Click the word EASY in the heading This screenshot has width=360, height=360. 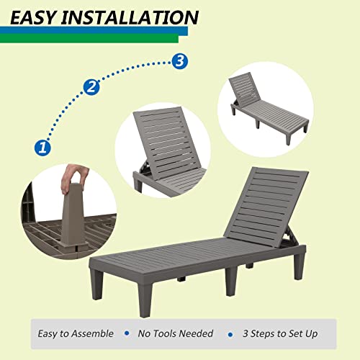(x=37, y=16)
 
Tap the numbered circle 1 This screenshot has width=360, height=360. (x=42, y=148)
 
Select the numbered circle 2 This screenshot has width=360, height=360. (x=91, y=88)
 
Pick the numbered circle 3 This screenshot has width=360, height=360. (x=180, y=61)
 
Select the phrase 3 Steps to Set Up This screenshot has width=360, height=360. (x=282, y=333)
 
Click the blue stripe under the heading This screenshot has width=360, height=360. (x=94, y=30)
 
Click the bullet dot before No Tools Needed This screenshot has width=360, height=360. (x=127, y=333)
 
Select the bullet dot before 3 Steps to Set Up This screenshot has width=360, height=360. (x=230, y=334)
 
